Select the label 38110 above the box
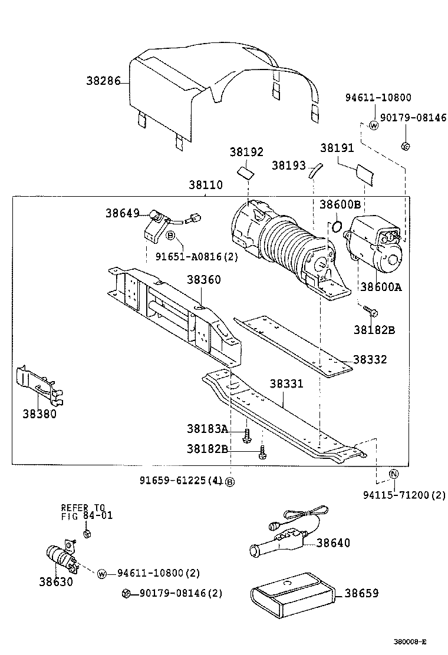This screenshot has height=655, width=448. (x=205, y=184)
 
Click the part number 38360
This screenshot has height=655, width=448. (x=204, y=279)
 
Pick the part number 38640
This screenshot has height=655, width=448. (x=333, y=542)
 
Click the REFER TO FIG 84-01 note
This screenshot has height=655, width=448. (x=87, y=511)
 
